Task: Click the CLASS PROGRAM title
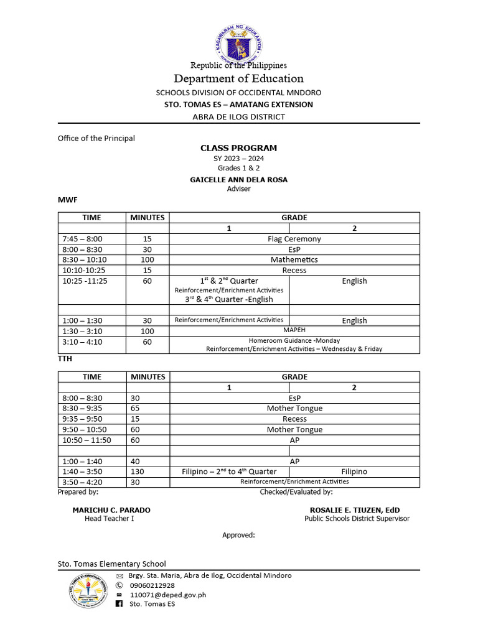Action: tap(238, 148)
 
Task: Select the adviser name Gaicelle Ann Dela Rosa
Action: tap(238, 180)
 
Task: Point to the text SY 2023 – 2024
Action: tap(238, 159)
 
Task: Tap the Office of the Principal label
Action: tap(96, 138)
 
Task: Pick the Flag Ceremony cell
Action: tap(294, 239)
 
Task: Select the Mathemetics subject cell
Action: tap(294, 259)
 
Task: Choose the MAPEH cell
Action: tap(294, 330)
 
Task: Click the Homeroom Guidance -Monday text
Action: tap(294, 340)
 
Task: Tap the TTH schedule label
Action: tap(65, 359)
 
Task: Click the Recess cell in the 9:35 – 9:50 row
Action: tap(294, 419)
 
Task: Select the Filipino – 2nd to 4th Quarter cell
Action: tap(229, 472)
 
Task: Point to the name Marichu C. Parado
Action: tap(111, 509)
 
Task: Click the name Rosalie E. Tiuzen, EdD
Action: tap(357, 509)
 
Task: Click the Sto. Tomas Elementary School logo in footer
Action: tap(87, 591)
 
